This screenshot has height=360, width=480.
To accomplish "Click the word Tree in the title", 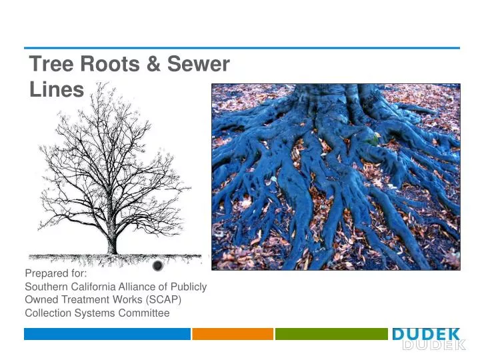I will pos(52,65).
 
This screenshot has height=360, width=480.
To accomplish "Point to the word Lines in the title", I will pos(57,90).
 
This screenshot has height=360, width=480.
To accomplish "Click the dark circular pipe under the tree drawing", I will pos(157,266).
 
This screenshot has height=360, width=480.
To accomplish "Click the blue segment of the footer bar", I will pos(107,334).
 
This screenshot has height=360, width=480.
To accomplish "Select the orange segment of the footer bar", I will pos(233,334).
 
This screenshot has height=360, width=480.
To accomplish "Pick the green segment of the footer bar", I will pos(331,334).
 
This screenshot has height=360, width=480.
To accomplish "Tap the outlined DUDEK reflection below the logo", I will pos(433,345).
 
